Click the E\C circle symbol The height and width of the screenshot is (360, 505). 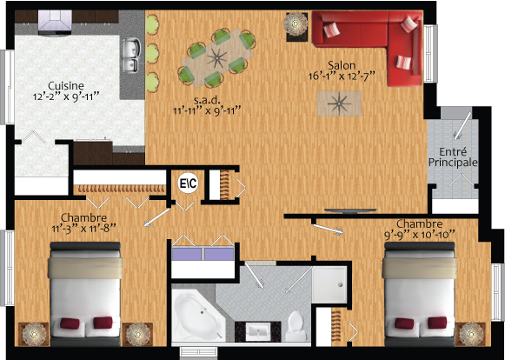pyautogui.click(x=189, y=183)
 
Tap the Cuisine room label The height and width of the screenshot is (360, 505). pyautogui.click(x=66, y=86)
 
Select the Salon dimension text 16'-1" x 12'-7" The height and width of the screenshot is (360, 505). pyautogui.click(x=342, y=77)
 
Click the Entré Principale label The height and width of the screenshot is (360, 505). pyautogui.click(x=453, y=157)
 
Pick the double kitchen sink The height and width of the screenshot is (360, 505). pyautogui.click(x=130, y=56)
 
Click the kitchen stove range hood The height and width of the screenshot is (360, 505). pyautogui.click(x=55, y=22)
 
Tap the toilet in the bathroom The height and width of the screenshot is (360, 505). pyautogui.click(x=295, y=326)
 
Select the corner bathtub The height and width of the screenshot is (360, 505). pyautogui.click(x=198, y=315)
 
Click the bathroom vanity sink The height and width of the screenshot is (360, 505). pyautogui.click(x=257, y=331)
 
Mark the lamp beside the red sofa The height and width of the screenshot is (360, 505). pyautogui.click(x=296, y=23)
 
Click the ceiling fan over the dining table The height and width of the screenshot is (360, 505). pyautogui.click(x=216, y=58)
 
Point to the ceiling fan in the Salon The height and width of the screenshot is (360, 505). pyautogui.click(x=339, y=103)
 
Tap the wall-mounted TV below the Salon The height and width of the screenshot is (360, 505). pyautogui.click(x=350, y=211)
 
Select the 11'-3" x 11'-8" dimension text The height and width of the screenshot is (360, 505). pyautogui.click(x=83, y=229)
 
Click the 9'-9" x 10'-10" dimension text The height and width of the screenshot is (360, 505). pyautogui.click(x=419, y=235)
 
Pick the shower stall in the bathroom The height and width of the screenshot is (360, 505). pyautogui.click(x=329, y=284)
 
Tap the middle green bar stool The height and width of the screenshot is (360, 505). pyautogui.click(x=152, y=54)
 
